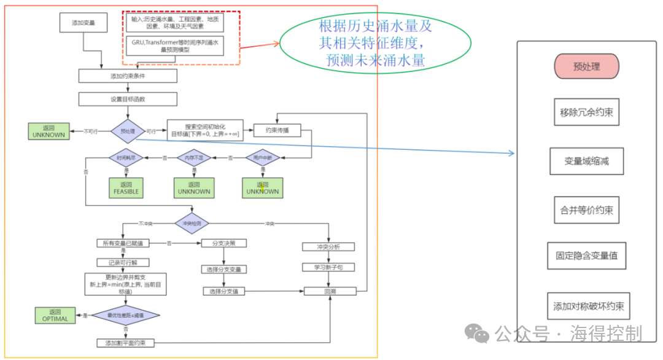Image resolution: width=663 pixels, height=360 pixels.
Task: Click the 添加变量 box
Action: (x=83, y=23)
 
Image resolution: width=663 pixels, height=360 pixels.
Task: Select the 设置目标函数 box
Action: (x=128, y=99)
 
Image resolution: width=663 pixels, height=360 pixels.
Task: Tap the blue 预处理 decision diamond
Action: (x=128, y=130)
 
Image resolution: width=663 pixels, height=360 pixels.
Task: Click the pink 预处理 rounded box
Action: (x=586, y=66)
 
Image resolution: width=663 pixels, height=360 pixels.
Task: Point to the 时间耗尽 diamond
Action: (x=126, y=158)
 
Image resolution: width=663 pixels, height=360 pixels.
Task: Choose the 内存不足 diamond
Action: (x=194, y=158)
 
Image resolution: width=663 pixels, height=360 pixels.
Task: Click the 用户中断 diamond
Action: (x=262, y=158)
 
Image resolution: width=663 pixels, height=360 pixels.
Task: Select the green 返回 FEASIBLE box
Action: (x=126, y=188)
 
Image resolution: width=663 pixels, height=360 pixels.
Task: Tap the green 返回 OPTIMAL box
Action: (x=55, y=315)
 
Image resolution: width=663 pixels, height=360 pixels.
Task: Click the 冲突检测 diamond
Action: (x=192, y=223)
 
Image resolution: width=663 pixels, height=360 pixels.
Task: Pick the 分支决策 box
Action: (x=223, y=243)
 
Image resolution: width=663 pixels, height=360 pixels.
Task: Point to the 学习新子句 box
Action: (x=329, y=267)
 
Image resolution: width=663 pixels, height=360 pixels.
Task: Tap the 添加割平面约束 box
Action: (x=126, y=342)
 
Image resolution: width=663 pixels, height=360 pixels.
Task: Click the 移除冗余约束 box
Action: (x=586, y=113)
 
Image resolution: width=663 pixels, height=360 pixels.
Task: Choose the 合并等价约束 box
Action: (x=586, y=209)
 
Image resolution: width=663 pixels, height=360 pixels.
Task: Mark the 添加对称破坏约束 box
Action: (x=587, y=306)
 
